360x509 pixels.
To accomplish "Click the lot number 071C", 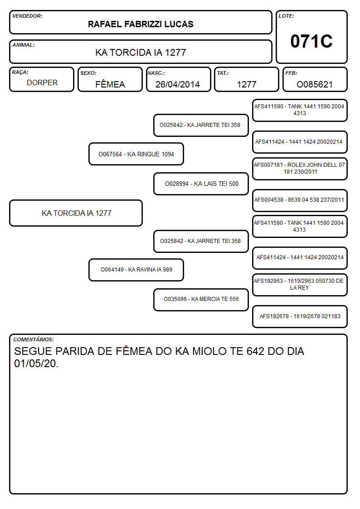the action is click(311, 41).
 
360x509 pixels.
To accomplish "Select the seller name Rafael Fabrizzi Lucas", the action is click(141, 24).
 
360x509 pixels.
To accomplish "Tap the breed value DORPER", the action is click(42, 83).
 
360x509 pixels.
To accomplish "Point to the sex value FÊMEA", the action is click(110, 84).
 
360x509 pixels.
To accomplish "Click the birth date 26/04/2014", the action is click(178, 84).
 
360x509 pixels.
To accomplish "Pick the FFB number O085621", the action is click(315, 84).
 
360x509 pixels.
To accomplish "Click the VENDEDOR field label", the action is click(27, 16).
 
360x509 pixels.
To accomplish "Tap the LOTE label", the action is click(286, 16).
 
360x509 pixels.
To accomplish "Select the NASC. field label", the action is click(156, 73).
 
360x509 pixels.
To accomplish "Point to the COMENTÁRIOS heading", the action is click(34, 339).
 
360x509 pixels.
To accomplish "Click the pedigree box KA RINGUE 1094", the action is click(136, 154).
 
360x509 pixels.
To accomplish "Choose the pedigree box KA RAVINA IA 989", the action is click(136, 270).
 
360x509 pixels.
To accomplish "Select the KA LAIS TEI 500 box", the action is click(201, 184).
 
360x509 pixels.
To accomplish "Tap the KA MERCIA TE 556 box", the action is click(201, 300).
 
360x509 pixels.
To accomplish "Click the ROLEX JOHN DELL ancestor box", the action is click(300, 169).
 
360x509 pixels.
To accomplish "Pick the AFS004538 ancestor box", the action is click(300, 200).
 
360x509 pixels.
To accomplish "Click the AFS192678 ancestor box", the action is click(300, 316).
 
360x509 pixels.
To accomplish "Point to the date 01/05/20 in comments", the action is click(35, 364).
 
